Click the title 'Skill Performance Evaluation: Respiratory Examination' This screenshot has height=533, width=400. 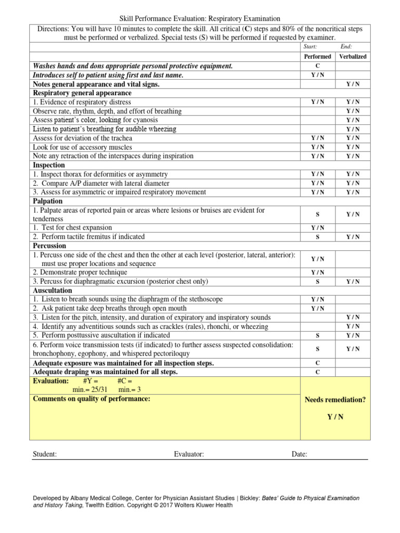(200, 19)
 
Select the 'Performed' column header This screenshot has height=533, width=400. (318, 56)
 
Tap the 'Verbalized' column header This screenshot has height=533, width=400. (353, 56)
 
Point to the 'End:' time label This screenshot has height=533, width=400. (346, 47)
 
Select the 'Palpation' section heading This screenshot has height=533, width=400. (47, 201)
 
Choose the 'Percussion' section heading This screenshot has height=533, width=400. (49, 246)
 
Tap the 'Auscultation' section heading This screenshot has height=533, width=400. (53, 290)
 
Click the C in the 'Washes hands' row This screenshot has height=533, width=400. (318, 66)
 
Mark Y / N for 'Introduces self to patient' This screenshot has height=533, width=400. (318, 75)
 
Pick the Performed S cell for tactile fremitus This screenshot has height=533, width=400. (318, 237)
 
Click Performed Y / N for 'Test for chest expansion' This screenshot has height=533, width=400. (318, 228)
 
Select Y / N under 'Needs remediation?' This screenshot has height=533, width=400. (335, 417)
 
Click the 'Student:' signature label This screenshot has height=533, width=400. (45, 454)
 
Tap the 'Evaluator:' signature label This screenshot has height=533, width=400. (189, 454)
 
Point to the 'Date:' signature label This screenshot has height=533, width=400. (299, 454)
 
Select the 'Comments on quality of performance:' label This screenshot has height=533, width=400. (92, 399)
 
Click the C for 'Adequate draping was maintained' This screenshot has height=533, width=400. (318, 372)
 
